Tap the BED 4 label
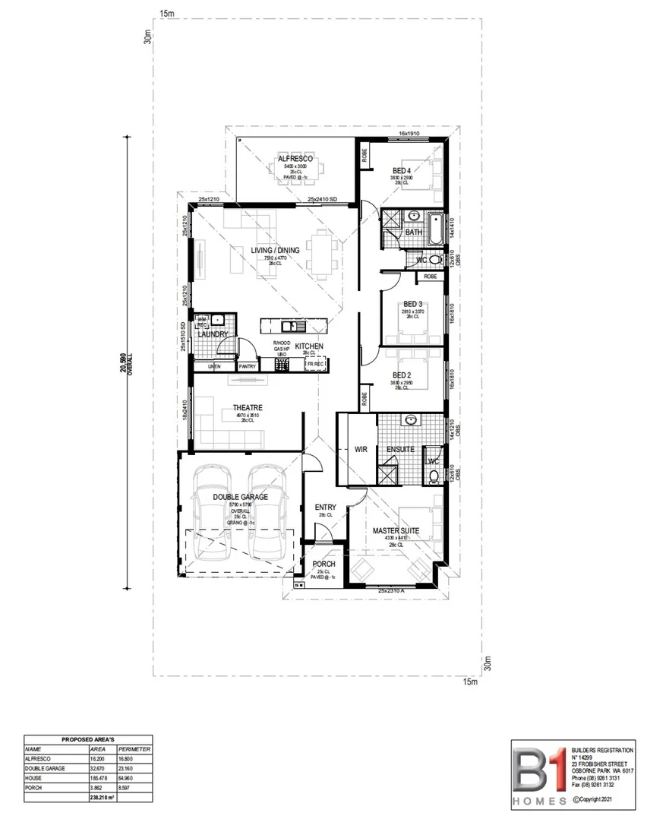coord(402,170)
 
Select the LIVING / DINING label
coord(276,250)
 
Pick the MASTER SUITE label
coord(392,531)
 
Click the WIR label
coord(361,450)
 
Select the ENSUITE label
coord(400,450)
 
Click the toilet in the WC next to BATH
coord(434,260)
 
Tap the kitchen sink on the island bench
coord(290,327)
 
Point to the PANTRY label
coord(248,367)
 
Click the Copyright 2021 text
coord(598,799)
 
